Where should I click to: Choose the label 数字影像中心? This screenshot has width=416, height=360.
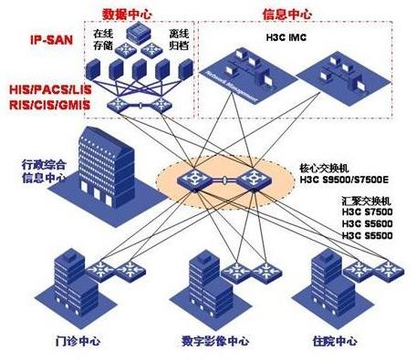point(216,343)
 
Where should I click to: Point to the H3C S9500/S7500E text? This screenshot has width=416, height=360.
point(343,182)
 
